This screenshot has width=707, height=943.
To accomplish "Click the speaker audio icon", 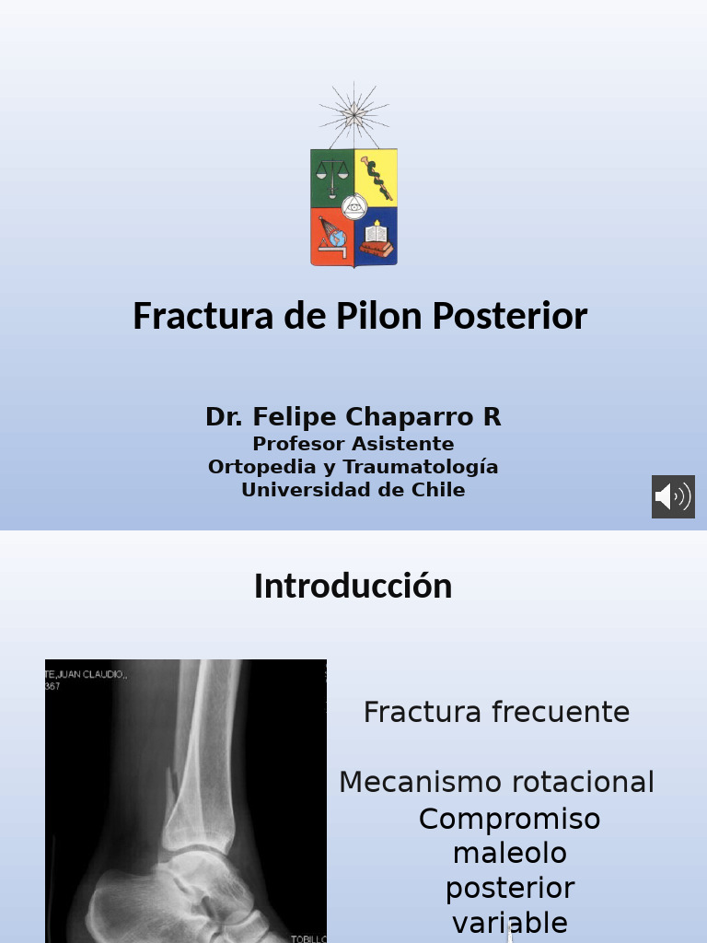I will [x=673, y=497].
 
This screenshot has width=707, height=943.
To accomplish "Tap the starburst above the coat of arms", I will [x=353, y=115].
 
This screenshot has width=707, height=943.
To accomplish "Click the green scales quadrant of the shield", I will [x=332, y=177].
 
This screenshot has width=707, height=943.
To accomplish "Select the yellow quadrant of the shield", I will [x=377, y=177].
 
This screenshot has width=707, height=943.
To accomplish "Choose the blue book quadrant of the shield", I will [x=377, y=238].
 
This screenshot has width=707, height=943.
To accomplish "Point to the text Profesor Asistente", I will [x=353, y=444].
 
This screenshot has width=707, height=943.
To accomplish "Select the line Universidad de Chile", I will [x=353, y=490].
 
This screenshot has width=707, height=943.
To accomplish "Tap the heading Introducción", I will [x=353, y=587].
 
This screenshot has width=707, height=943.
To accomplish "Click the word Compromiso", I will [x=509, y=819].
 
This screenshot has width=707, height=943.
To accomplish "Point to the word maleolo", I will [x=509, y=854].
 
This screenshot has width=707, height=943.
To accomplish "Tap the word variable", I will [x=509, y=922].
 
